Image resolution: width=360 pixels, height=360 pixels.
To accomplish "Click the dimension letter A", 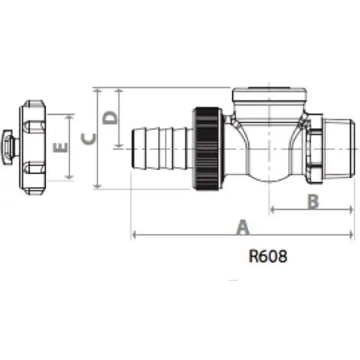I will tap(244, 227).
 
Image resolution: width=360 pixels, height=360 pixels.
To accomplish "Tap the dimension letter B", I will tap(313, 201).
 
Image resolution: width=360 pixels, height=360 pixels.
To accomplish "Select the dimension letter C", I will tap(89, 138).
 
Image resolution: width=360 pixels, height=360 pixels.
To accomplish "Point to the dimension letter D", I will tap(110, 117).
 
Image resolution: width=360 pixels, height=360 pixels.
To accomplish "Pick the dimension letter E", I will tap(62, 146).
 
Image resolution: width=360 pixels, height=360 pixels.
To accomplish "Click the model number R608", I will tap(268, 257).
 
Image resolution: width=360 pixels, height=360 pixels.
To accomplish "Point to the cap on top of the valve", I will tap(270, 98).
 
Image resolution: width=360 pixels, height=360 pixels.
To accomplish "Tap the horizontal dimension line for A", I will tap(191, 234).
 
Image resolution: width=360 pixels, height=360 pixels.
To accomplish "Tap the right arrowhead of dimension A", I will tap(352, 234).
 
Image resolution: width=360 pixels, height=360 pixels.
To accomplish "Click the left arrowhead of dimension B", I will tap(273, 209).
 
